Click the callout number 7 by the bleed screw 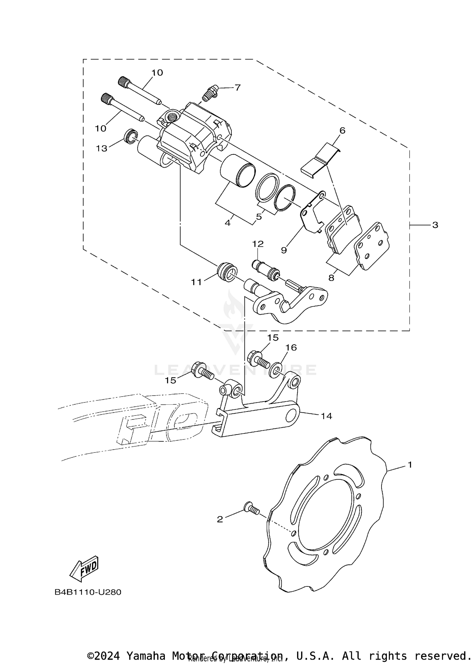click(x=237, y=88)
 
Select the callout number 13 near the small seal click(x=101, y=148)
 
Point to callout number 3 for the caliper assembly click(x=435, y=225)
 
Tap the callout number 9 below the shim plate click(x=284, y=250)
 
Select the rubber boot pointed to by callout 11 click(x=227, y=271)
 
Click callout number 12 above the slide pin click(x=258, y=244)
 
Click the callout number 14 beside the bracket click(x=326, y=416)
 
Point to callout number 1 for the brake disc click(x=409, y=464)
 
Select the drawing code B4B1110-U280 click(x=88, y=592)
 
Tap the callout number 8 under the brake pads click(x=331, y=278)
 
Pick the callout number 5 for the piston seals click(x=259, y=217)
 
